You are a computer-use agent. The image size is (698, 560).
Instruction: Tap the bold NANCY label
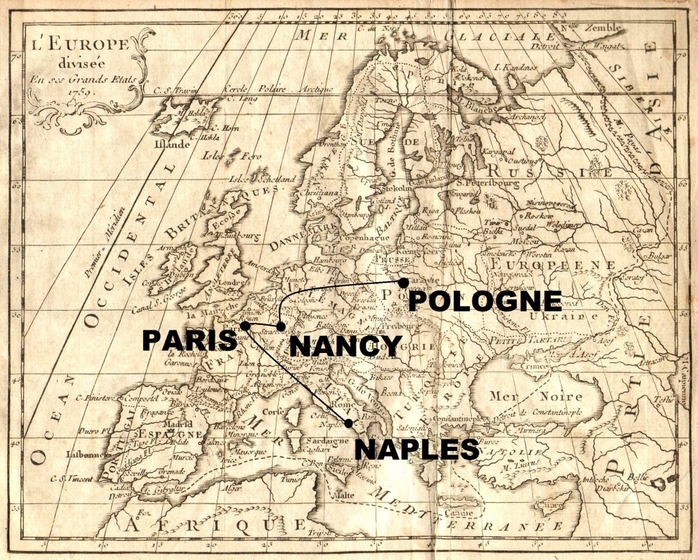[x=346, y=345]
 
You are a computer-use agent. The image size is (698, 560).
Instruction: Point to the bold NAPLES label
[x=416, y=450]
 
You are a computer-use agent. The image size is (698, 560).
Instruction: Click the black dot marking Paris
[x=245, y=326]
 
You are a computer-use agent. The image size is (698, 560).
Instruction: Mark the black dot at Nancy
[x=281, y=327]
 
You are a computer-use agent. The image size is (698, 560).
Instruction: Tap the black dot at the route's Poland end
[x=404, y=282]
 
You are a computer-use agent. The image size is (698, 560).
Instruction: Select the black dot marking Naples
[x=349, y=424]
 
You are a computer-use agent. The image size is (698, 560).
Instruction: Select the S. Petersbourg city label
[x=485, y=183]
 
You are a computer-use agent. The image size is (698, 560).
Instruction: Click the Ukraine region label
[x=566, y=316]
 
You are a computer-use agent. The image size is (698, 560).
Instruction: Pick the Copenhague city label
[x=367, y=237]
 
